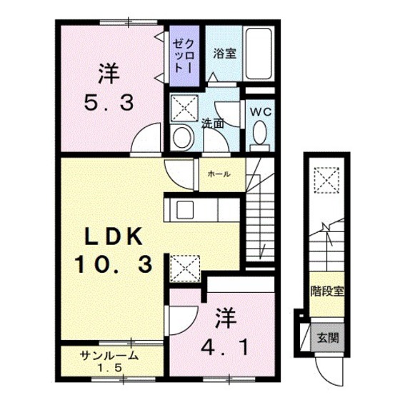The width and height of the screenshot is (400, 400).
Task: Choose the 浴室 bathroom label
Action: pos(223,51)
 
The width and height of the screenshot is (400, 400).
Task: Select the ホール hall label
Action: pos(219,174)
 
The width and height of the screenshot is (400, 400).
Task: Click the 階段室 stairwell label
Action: pos(327,291)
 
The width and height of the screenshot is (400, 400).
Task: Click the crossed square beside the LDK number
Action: pos(186,268)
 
